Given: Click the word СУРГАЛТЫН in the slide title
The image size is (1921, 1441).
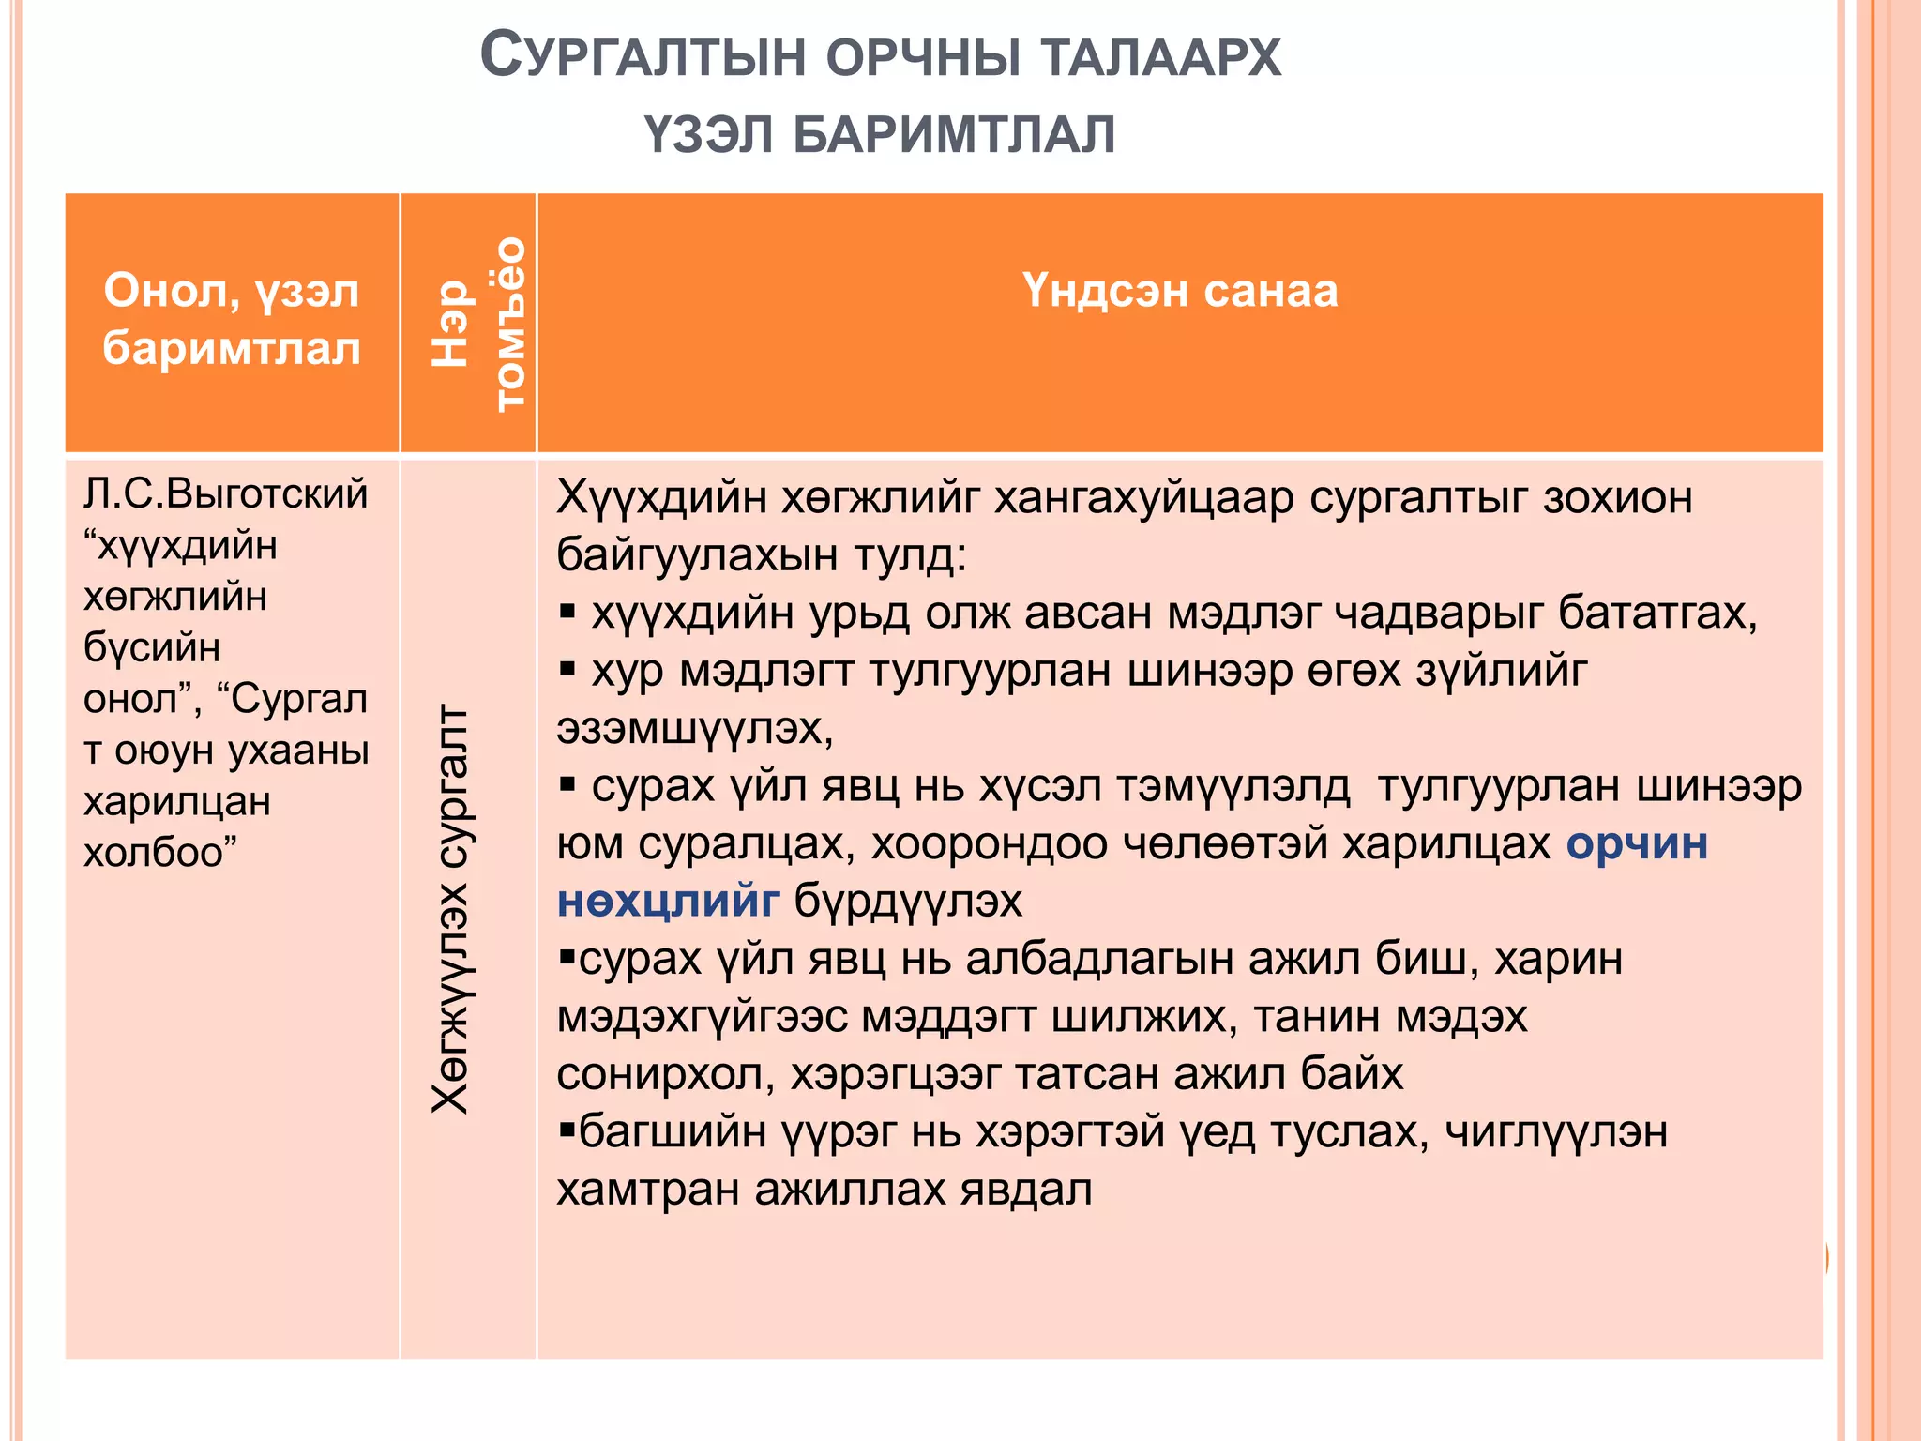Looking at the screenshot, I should pos(643,56).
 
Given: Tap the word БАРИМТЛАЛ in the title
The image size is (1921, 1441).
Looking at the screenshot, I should pos(954,134).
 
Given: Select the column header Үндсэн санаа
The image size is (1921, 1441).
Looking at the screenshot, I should pos(1179,291).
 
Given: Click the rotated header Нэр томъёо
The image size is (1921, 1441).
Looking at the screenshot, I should pos(478,323).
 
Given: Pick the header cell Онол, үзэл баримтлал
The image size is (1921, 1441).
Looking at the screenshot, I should pos(232,319).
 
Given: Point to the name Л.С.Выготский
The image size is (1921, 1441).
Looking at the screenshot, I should pos(225,493).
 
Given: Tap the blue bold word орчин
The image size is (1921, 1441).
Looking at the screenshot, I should pos(1637,843).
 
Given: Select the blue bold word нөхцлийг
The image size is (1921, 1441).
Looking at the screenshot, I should pos(668,902).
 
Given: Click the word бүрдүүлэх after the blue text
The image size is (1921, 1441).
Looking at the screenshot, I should pos(908,902).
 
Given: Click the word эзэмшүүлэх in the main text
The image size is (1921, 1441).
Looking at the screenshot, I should pos(694,729).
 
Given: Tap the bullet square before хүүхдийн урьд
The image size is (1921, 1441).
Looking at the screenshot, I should pos(567,613).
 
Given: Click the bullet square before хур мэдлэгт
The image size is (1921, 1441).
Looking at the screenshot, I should pos(567,670).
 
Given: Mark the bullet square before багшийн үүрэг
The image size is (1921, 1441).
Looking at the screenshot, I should pos(566,1129).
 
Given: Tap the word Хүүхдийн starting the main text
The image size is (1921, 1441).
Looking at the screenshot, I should pos(661,497).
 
